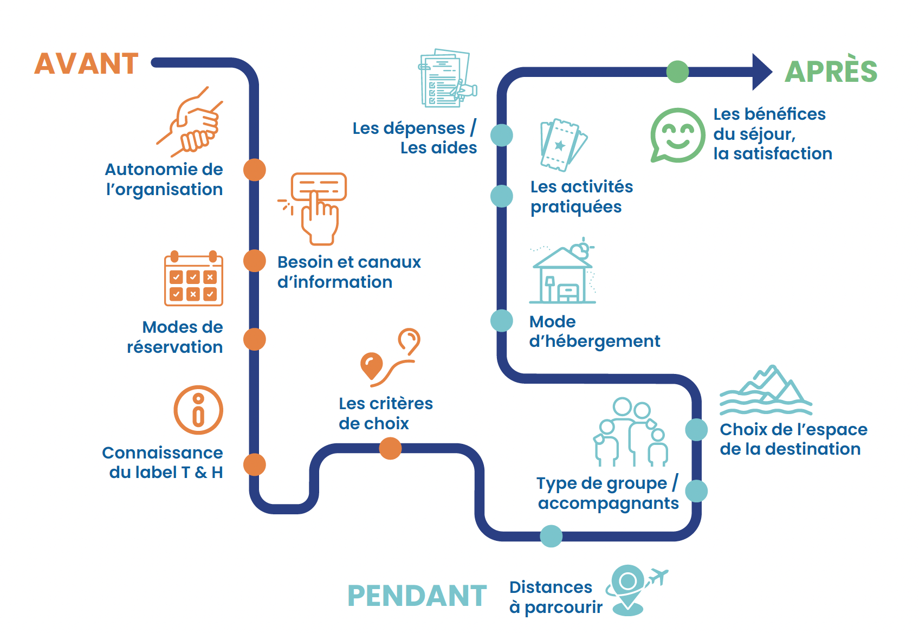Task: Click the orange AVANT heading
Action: (87, 63)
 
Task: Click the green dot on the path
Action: (677, 72)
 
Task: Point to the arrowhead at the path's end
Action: (761, 72)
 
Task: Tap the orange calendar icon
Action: (193, 278)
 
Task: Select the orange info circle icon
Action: (198, 410)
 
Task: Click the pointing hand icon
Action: (314, 209)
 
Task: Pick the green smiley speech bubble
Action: (678, 135)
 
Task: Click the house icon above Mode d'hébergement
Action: (563, 271)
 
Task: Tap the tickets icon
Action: (564, 145)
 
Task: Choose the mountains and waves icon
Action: (766, 390)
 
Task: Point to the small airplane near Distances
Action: (657, 577)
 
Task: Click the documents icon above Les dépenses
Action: (448, 78)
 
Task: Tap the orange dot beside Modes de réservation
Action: (254, 339)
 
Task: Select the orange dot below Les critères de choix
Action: (390, 448)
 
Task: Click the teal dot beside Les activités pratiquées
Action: (502, 196)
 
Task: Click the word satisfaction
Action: (783, 153)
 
